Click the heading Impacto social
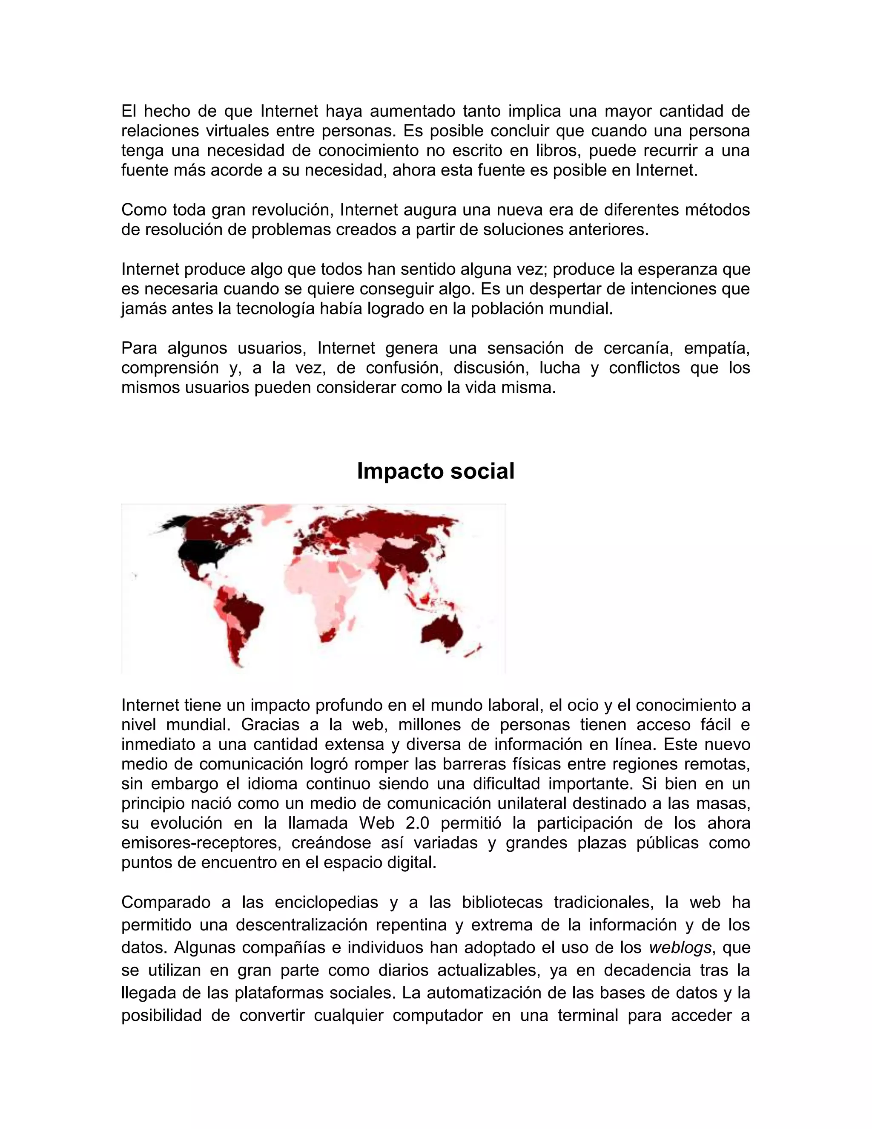click(x=436, y=471)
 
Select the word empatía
click(x=717, y=348)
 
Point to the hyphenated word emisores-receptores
click(x=201, y=843)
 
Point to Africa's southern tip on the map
click(x=327, y=637)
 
